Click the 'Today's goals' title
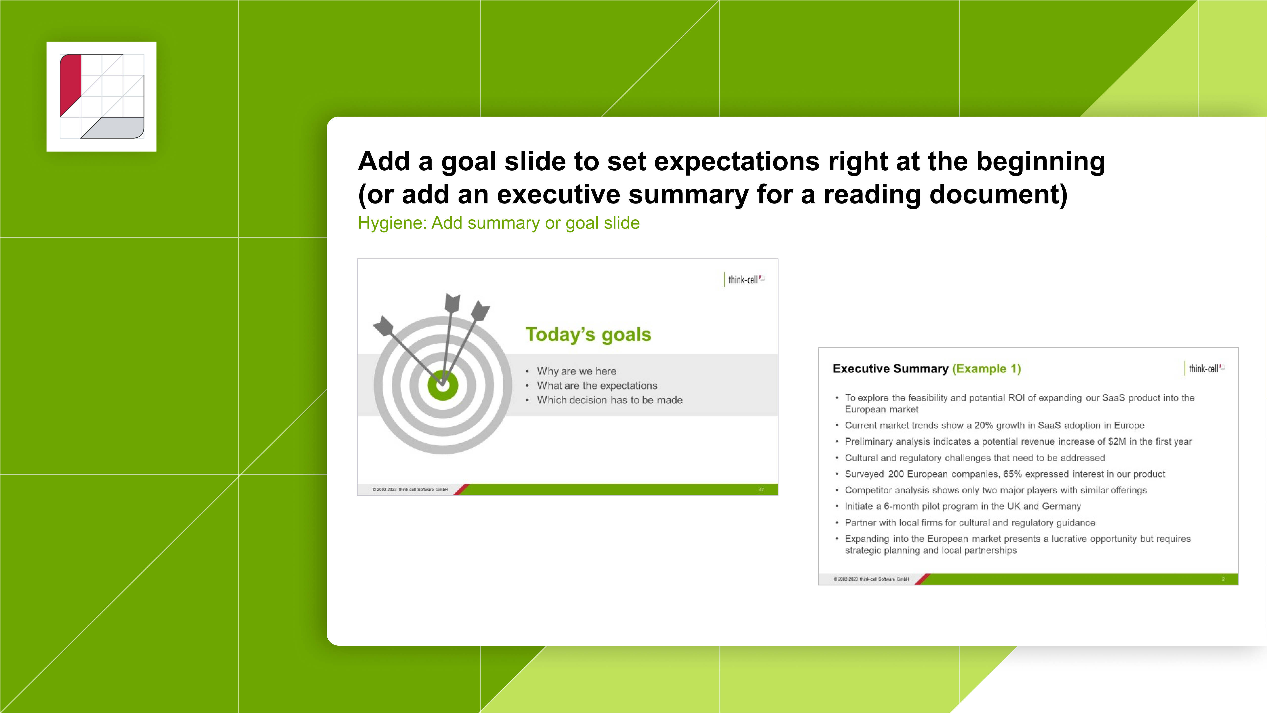[588, 335]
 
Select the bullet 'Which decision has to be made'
[609, 400]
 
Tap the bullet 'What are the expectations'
[597, 386]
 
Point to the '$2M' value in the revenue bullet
[1117, 441]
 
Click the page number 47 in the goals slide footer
[761, 490]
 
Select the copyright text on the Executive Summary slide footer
[871, 579]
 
